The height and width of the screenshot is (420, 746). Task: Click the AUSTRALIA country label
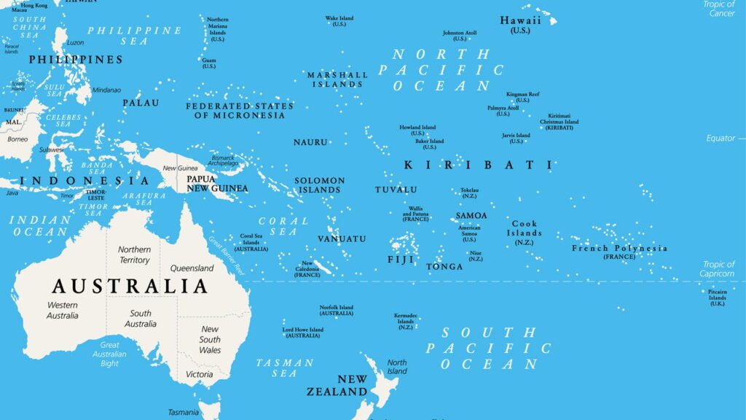click(x=130, y=285)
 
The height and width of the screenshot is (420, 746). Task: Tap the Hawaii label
click(x=520, y=21)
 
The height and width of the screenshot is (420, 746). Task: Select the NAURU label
click(x=310, y=142)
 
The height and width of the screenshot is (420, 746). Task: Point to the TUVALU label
click(x=396, y=190)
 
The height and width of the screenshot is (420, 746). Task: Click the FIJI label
click(x=401, y=260)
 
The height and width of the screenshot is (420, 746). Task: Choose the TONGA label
click(x=444, y=267)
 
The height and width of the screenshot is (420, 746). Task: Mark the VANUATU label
click(x=342, y=239)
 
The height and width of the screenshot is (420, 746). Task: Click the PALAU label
click(x=141, y=103)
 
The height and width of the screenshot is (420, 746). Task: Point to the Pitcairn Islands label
click(x=717, y=297)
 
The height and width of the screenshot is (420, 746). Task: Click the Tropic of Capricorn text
click(x=718, y=269)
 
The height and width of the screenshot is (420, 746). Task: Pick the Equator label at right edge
click(x=721, y=138)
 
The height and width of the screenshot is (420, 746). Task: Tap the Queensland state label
click(x=192, y=268)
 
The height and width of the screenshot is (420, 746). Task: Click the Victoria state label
click(x=199, y=375)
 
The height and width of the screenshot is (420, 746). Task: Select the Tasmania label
click(x=183, y=413)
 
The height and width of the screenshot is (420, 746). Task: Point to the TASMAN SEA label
click(x=284, y=367)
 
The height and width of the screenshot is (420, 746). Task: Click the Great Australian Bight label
click(x=109, y=354)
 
